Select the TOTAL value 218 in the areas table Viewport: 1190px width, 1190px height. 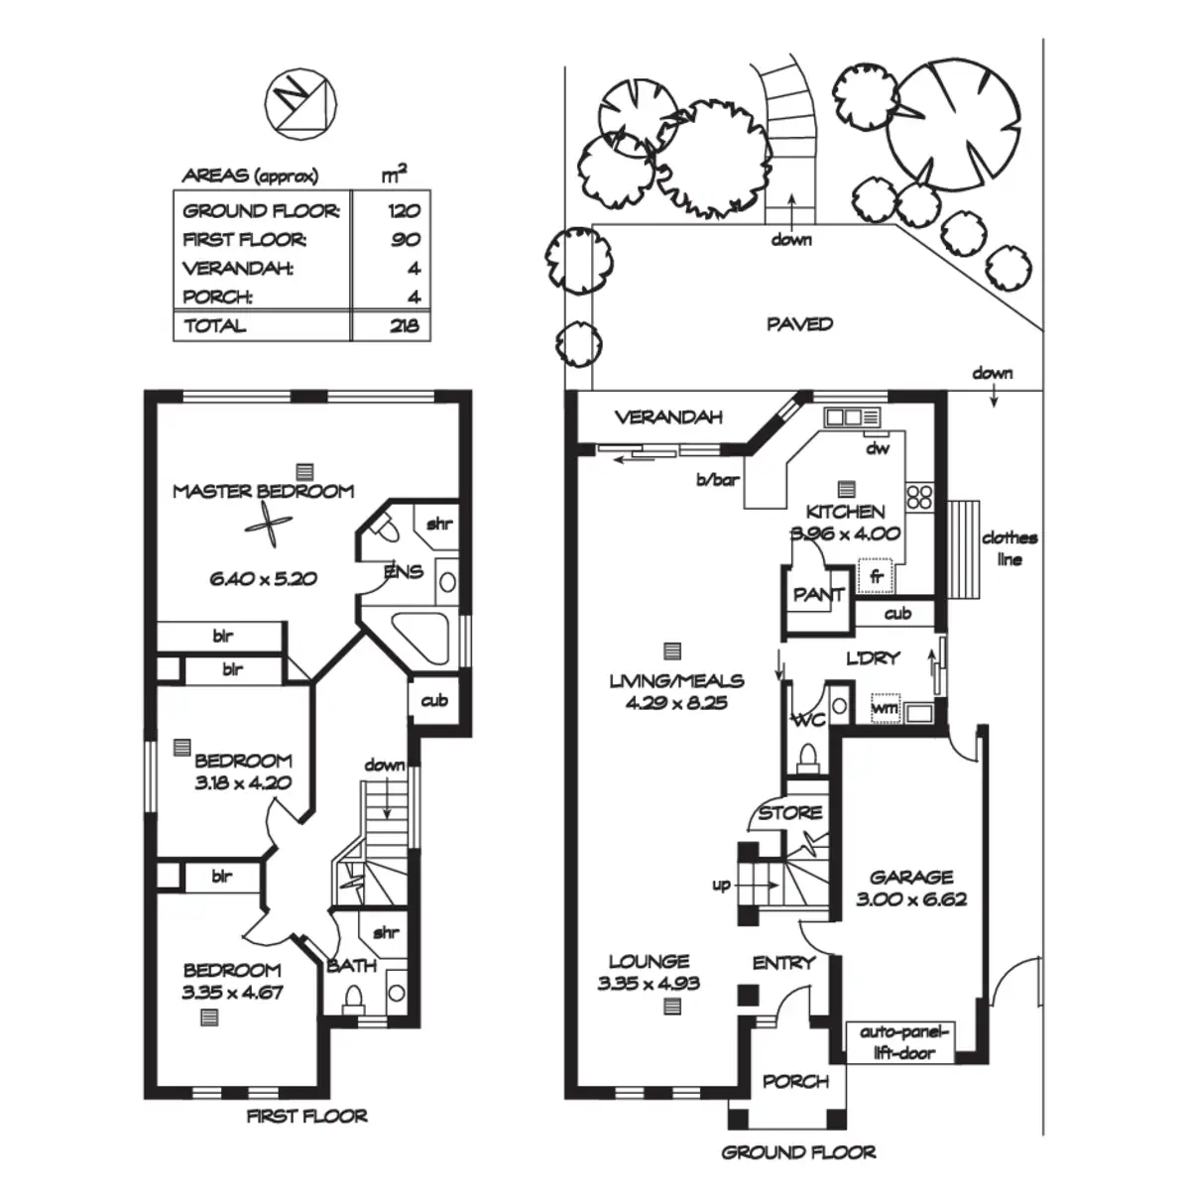click(x=404, y=326)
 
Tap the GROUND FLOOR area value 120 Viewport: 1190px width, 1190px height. click(x=404, y=210)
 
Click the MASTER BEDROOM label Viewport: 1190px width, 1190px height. click(x=263, y=491)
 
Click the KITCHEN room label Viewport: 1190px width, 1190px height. click(x=845, y=512)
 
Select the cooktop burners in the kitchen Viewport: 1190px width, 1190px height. click(x=919, y=495)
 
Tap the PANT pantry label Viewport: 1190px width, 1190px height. click(x=818, y=595)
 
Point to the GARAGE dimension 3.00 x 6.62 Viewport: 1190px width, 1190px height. click(x=910, y=899)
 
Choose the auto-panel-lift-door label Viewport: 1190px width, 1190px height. click(x=898, y=1041)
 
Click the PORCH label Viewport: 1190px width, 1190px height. click(x=795, y=1081)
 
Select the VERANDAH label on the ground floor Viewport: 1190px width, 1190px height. click(x=667, y=417)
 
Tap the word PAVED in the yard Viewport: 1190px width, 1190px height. click(x=799, y=324)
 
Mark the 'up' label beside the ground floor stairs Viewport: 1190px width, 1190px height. click(x=721, y=885)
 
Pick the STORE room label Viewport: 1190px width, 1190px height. click(x=790, y=813)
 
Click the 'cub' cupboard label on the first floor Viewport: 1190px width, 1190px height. click(x=434, y=701)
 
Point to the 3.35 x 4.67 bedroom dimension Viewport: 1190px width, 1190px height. click(x=231, y=992)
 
